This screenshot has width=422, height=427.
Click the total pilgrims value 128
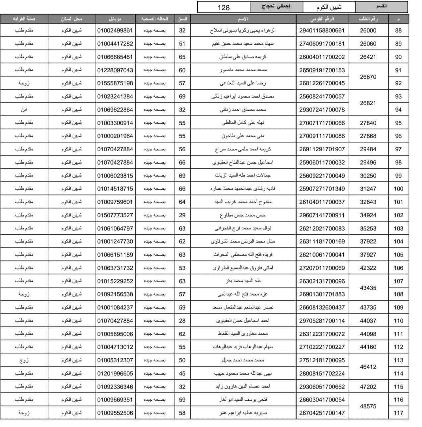click(x=223, y=7)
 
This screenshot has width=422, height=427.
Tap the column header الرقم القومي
click(x=322, y=19)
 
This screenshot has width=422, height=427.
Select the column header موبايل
click(x=115, y=19)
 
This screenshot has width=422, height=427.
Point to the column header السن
click(x=182, y=19)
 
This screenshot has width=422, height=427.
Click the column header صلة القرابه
click(x=24, y=19)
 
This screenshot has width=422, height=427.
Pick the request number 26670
click(x=368, y=77)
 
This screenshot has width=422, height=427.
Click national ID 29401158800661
click(x=322, y=31)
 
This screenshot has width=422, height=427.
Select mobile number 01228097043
click(x=115, y=70)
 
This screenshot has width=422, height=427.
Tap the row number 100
click(x=398, y=189)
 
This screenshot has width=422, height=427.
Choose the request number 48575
click(x=368, y=406)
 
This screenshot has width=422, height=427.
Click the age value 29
click(x=182, y=215)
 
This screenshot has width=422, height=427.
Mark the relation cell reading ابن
click(x=24, y=109)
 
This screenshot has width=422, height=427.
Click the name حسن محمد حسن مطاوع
click(x=243, y=215)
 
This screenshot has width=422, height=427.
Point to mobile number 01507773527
click(x=115, y=215)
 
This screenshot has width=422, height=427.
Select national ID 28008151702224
click(x=322, y=374)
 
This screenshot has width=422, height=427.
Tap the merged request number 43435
click(x=368, y=288)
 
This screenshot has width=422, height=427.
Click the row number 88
click(x=398, y=31)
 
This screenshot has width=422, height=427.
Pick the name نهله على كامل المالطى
click(x=243, y=123)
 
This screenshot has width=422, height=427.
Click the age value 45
click(x=182, y=374)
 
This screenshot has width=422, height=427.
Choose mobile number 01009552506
click(x=115, y=413)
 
